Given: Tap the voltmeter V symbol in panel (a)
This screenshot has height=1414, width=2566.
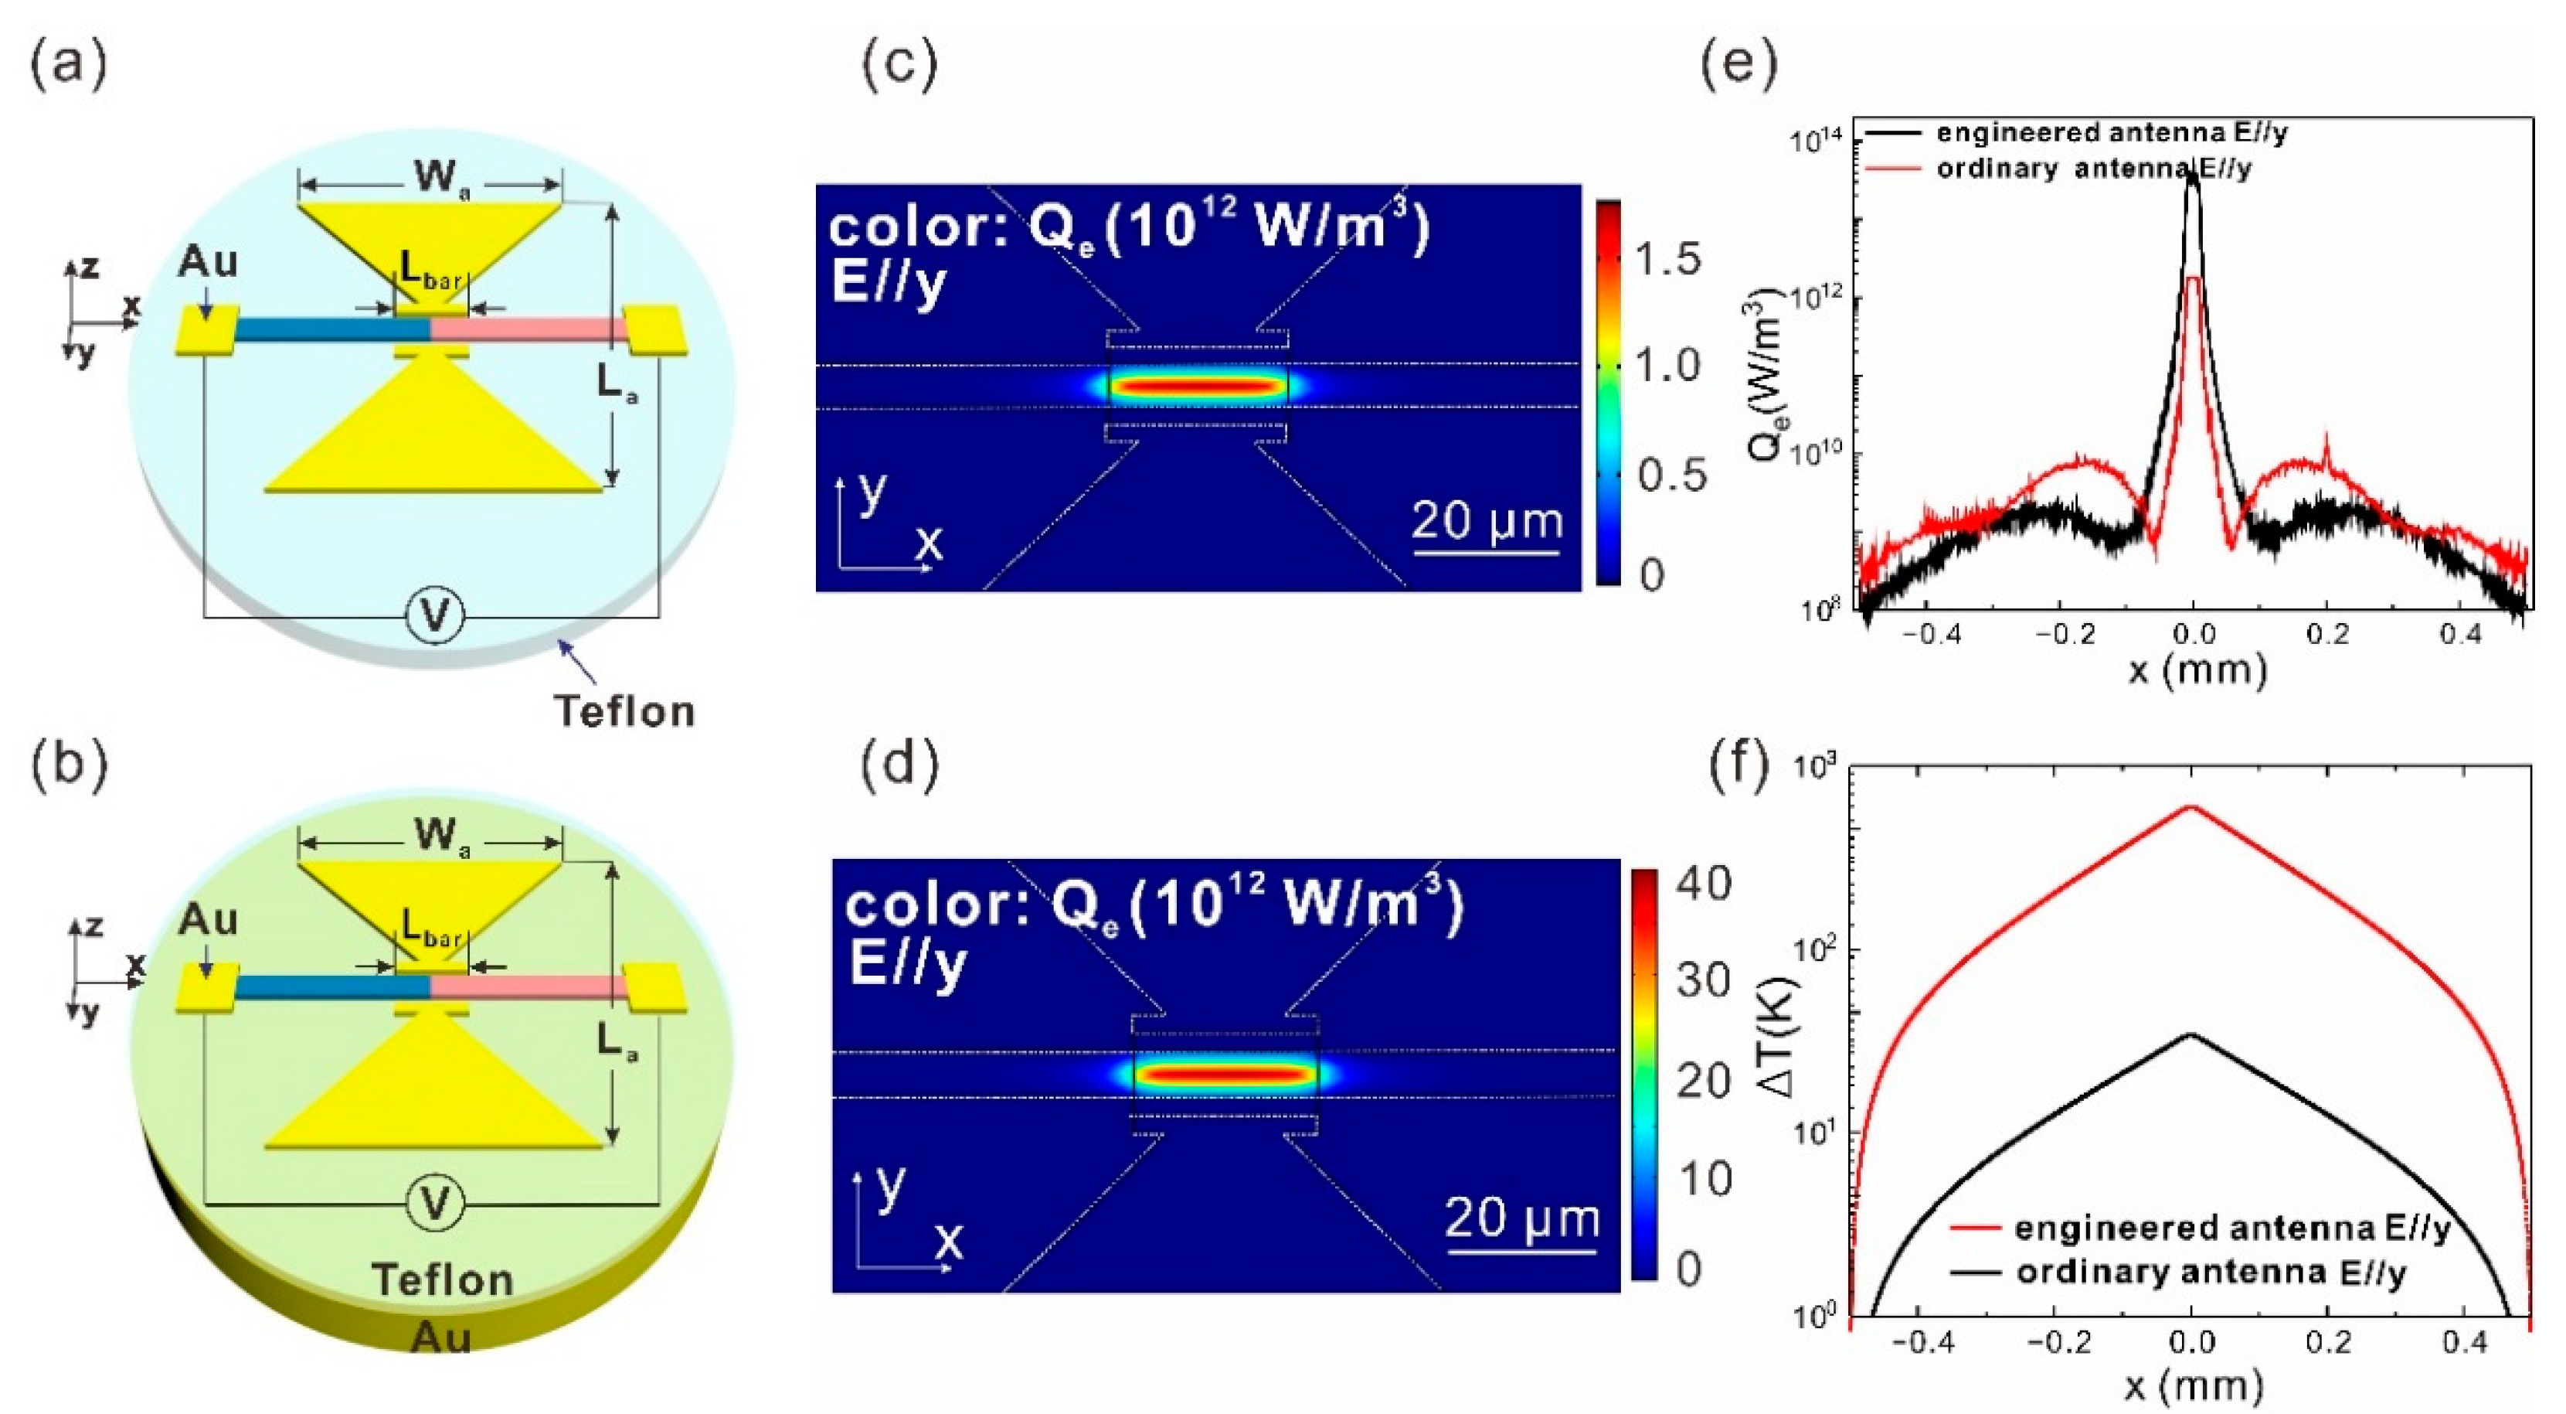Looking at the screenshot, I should pos(435,618).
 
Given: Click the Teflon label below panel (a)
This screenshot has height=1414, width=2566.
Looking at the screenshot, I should pos(624,710).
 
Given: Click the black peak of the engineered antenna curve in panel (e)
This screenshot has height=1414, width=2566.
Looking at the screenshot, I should pos(2191,175).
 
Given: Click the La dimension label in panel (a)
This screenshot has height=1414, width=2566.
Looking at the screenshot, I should pos(617,386).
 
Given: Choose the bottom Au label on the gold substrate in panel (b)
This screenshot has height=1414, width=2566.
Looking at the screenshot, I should pos(440,1337).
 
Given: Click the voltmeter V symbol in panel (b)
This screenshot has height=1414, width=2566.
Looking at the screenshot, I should pos(435,1204).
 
